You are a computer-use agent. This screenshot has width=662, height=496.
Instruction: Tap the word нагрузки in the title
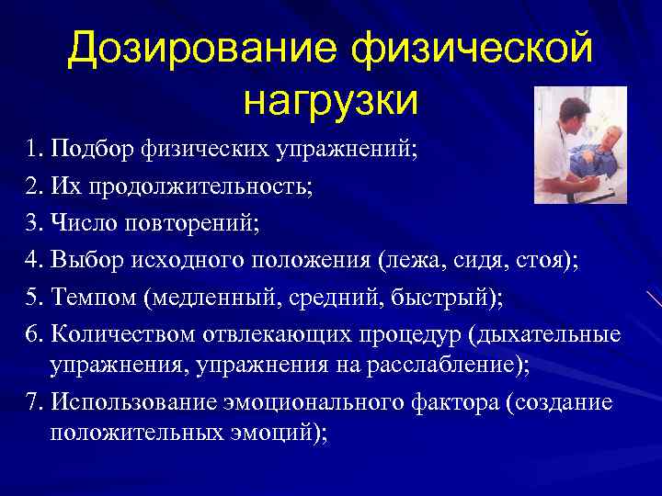[x=331, y=99]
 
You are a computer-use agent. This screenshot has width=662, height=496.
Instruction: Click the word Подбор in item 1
[x=95, y=150]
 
